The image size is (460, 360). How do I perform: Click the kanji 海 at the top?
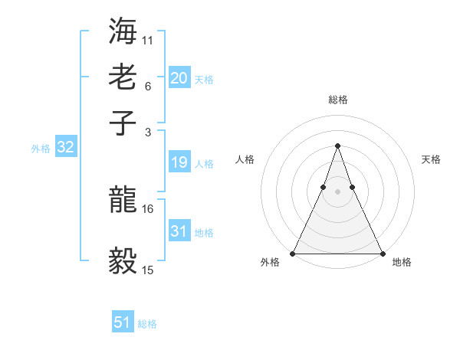tap(123, 32)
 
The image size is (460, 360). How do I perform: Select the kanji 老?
tap(123, 77)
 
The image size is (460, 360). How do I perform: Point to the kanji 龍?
tap(123, 200)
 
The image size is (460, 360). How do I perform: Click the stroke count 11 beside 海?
tap(148, 39)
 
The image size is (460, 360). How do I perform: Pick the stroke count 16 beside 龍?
tap(148, 208)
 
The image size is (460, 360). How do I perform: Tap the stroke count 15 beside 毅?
tap(148, 270)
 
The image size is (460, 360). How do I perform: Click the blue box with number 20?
tap(179, 78)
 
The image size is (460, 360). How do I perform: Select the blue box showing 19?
tap(179, 162)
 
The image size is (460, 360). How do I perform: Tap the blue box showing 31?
tap(179, 231)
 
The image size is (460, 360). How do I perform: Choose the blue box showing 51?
tap(123, 323)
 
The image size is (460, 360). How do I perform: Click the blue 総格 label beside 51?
tap(147, 324)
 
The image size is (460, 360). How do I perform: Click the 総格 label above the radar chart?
tap(337, 100)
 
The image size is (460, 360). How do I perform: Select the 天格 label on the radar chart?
tap(431, 159)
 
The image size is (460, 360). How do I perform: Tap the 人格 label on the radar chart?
tap(245, 159)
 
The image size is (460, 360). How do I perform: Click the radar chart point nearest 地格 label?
tap(382, 254)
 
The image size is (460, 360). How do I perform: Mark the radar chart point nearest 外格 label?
tap(293, 254)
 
